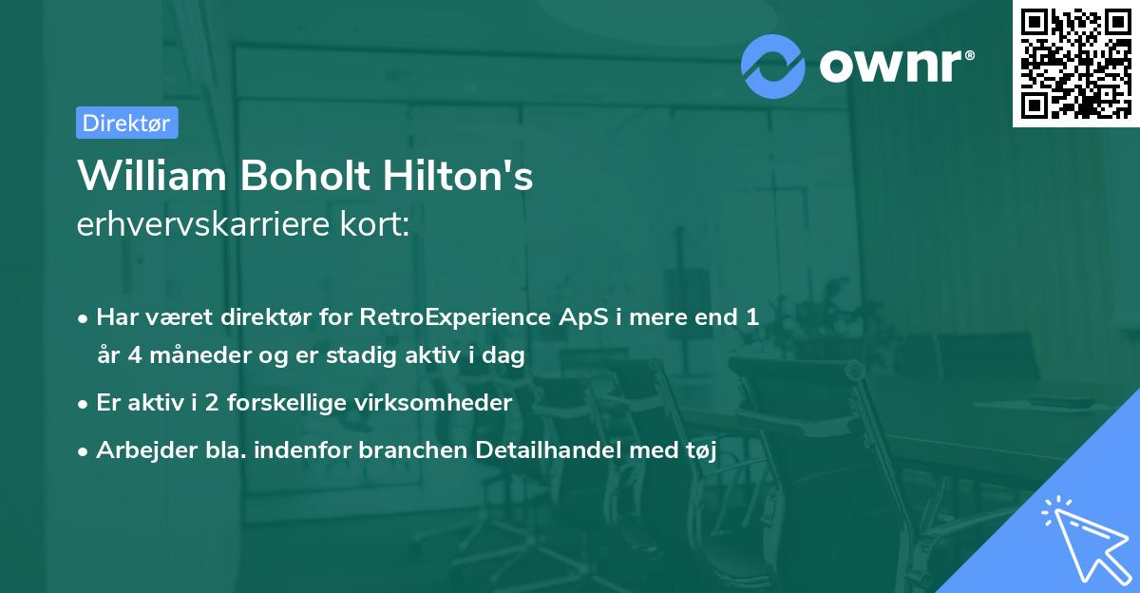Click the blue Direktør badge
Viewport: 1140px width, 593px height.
click(126, 123)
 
